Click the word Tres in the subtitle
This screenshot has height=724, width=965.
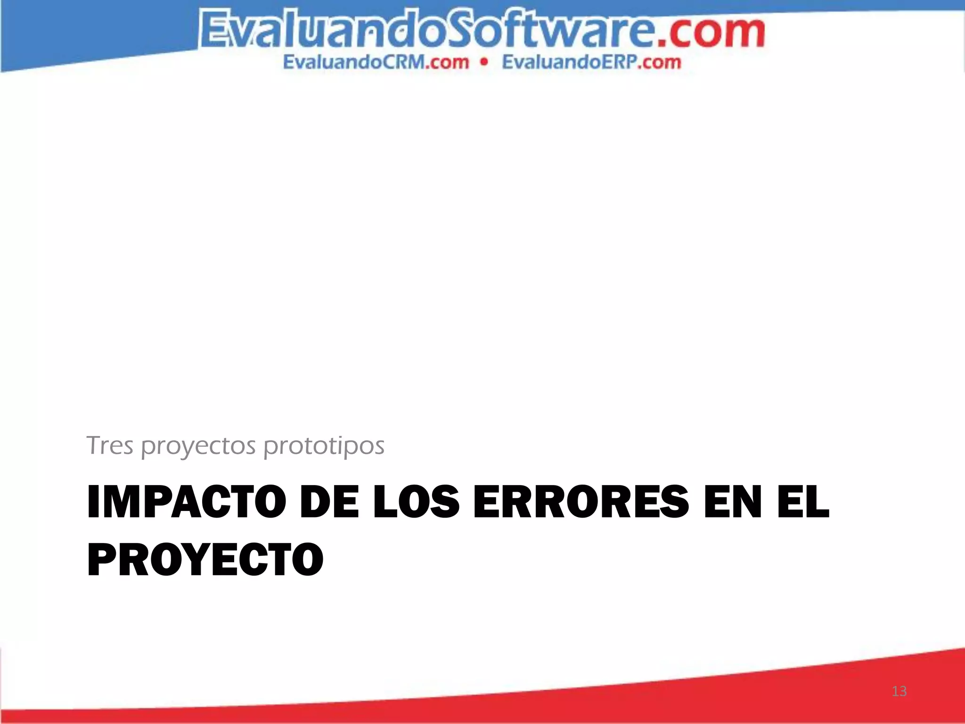[x=110, y=445]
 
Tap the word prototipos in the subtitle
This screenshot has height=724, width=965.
[x=324, y=446]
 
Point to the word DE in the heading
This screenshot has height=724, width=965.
[x=329, y=502]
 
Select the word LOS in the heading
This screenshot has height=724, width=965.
[x=416, y=502]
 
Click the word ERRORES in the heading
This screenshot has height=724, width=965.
[x=581, y=502]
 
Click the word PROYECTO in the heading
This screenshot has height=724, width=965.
[x=205, y=560]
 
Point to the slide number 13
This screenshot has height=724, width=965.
[x=899, y=691]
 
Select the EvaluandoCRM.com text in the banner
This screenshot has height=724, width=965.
[x=376, y=62]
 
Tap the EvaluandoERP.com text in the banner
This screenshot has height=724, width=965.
[x=591, y=62]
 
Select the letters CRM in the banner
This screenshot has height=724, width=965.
[x=405, y=62]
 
